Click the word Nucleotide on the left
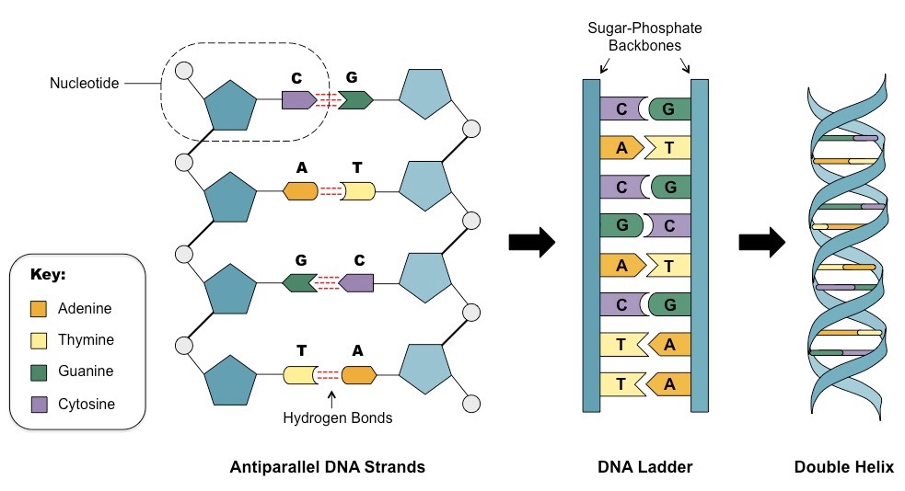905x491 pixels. click(86, 84)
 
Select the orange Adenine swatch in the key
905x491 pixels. click(39, 309)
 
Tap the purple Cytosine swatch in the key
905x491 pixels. click(39, 404)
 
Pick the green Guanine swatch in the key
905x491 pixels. click(39, 372)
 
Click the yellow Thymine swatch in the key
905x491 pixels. click(39, 340)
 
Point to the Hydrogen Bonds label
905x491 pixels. click(337, 417)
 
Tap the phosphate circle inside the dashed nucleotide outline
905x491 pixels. click(184, 70)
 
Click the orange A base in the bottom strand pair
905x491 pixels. click(359, 374)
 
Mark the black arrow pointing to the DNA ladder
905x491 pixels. click(531, 243)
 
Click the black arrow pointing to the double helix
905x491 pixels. click(761, 243)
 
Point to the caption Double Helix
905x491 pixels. click(843, 467)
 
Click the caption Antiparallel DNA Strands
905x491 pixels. click(327, 467)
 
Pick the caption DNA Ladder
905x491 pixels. click(644, 467)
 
